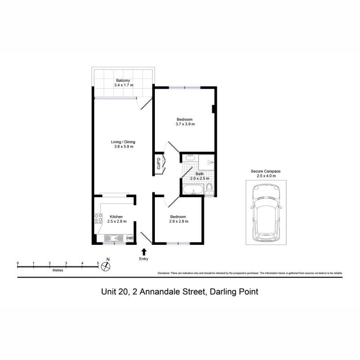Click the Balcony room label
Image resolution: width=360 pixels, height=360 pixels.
(x=123, y=81)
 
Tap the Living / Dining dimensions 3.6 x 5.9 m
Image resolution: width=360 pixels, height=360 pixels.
(x=124, y=147)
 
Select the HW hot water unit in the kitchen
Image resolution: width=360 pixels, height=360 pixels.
(x=130, y=238)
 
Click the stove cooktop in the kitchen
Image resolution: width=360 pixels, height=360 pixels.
(x=99, y=218)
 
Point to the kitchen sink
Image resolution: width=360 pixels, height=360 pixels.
(x=114, y=238)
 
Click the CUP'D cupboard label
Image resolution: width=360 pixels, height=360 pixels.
(x=158, y=163)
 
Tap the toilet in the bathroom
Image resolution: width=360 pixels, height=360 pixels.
(x=209, y=189)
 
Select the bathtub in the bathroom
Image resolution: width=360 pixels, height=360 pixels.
(x=193, y=189)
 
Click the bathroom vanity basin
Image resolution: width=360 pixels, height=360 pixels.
(x=190, y=158)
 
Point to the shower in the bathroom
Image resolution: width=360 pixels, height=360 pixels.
(x=207, y=162)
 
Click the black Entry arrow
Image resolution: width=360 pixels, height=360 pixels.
(x=144, y=252)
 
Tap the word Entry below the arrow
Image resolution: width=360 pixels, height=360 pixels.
(x=144, y=259)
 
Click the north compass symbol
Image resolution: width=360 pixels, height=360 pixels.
(x=106, y=266)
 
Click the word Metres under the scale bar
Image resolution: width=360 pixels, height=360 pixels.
(x=58, y=270)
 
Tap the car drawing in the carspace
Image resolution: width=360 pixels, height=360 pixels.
(x=266, y=212)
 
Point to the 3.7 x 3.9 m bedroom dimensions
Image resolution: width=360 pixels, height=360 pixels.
(x=185, y=124)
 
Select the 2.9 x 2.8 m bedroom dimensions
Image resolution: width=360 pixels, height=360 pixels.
(x=179, y=221)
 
